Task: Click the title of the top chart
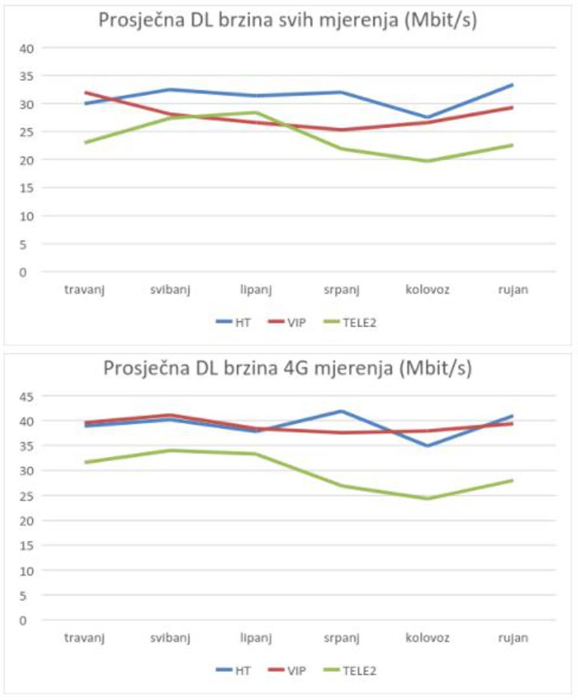[x=288, y=21]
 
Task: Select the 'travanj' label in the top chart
[x=84, y=290]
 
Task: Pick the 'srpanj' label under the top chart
[x=342, y=290]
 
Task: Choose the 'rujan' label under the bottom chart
[x=514, y=638]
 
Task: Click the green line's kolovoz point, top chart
[x=428, y=161]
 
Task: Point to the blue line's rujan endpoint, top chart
[x=513, y=84]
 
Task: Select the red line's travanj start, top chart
[x=85, y=92]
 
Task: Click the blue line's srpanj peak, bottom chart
[x=342, y=411]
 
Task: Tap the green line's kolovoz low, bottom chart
[x=428, y=498]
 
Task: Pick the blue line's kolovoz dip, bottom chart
[x=428, y=446]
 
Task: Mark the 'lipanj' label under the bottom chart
[x=257, y=638]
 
